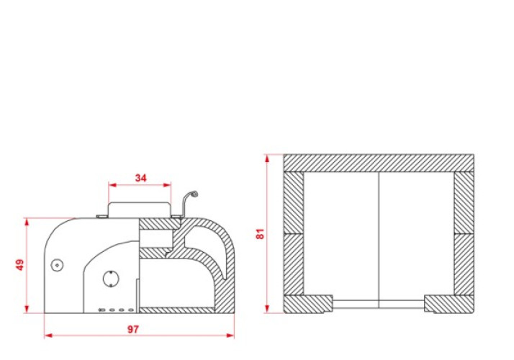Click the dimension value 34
140,178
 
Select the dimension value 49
19,265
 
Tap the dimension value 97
133,329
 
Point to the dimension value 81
260,234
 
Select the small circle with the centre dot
58,265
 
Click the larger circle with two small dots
111,279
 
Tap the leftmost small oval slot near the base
102,310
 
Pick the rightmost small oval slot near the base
131,310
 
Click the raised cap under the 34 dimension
140,210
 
